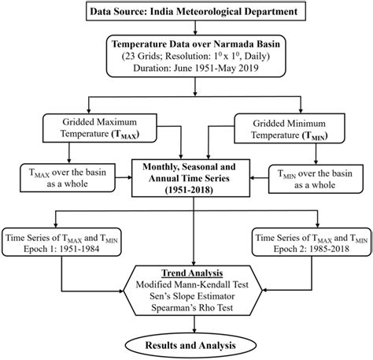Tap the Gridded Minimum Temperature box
(286, 129)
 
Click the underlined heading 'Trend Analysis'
(186, 272)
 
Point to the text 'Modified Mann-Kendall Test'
(186, 285)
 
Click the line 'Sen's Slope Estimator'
(186, 299)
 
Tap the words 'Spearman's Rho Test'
(186, 312)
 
